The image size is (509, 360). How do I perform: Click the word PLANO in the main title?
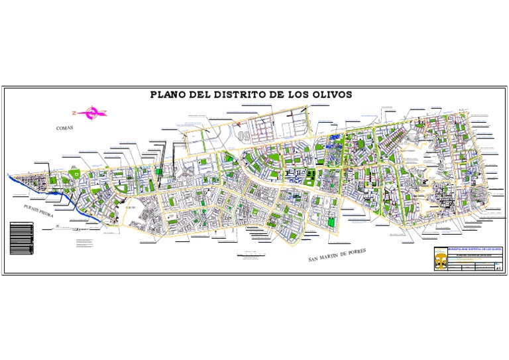click(168, 94)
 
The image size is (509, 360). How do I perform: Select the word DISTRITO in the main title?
click(239, 94)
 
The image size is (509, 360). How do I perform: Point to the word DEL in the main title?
click(199, 94)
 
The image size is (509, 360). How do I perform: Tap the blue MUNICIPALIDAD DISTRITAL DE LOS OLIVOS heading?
click(475, 249)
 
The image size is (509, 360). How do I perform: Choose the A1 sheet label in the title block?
click(498, 267)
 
